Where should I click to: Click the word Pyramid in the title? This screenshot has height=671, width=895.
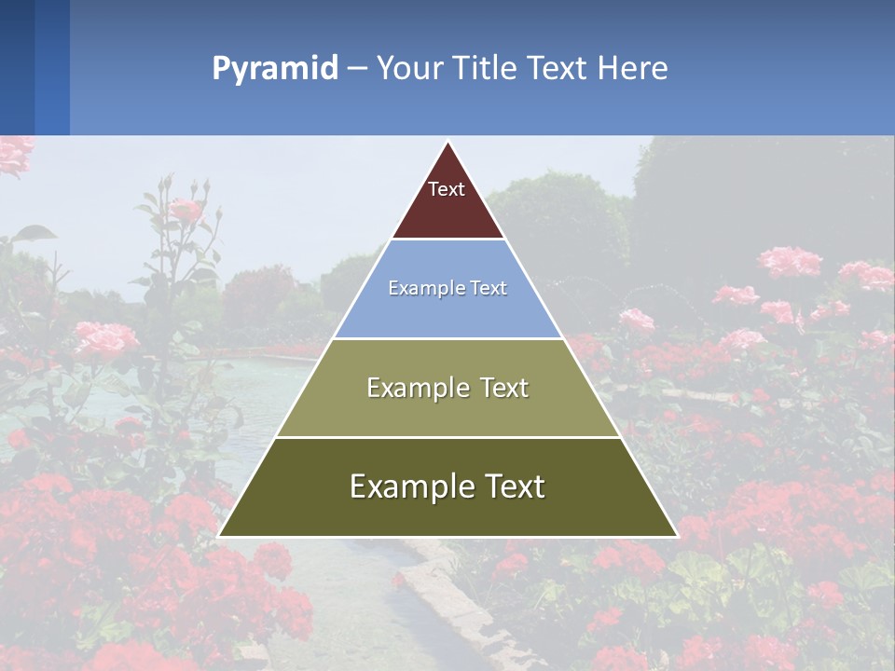coord(275,69)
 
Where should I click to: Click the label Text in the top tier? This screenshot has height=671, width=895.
coord(447,189)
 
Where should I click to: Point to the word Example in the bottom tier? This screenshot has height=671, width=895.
coord(410,486)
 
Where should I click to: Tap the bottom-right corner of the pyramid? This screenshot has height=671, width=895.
coord(676,536)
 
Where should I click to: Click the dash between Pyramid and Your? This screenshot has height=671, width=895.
coord(357,69)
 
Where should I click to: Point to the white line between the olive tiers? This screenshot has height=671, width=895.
coord(447,437)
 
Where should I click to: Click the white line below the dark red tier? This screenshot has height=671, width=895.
coord(448,240)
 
